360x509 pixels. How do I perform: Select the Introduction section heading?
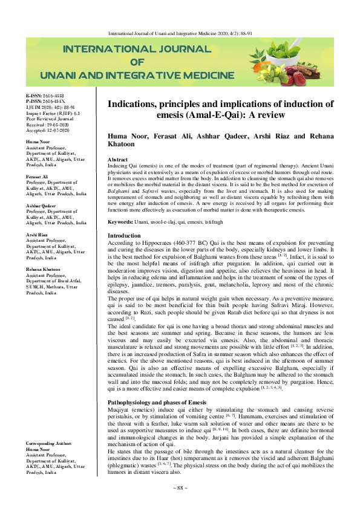[125, 235]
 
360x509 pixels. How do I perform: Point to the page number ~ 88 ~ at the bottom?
[180, 487]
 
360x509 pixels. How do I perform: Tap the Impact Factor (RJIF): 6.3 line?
[49, 112]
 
